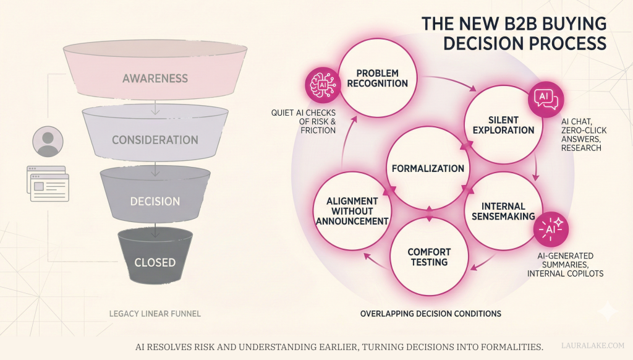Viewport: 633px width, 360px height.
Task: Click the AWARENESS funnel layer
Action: pos(155,79)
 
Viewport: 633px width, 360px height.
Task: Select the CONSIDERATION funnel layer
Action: pos(155,140)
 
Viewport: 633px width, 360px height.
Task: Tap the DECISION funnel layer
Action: pos(155,201)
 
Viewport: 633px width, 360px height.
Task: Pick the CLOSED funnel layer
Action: pos(155,262)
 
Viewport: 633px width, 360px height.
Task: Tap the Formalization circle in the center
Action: pos(428,168)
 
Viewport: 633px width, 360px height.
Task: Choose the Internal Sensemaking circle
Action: pos(502,211)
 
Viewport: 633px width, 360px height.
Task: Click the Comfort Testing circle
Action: pos(428,257)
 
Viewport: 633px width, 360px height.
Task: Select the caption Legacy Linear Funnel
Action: pos(155,314)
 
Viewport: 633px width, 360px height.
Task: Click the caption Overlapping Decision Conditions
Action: pos(430,314)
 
